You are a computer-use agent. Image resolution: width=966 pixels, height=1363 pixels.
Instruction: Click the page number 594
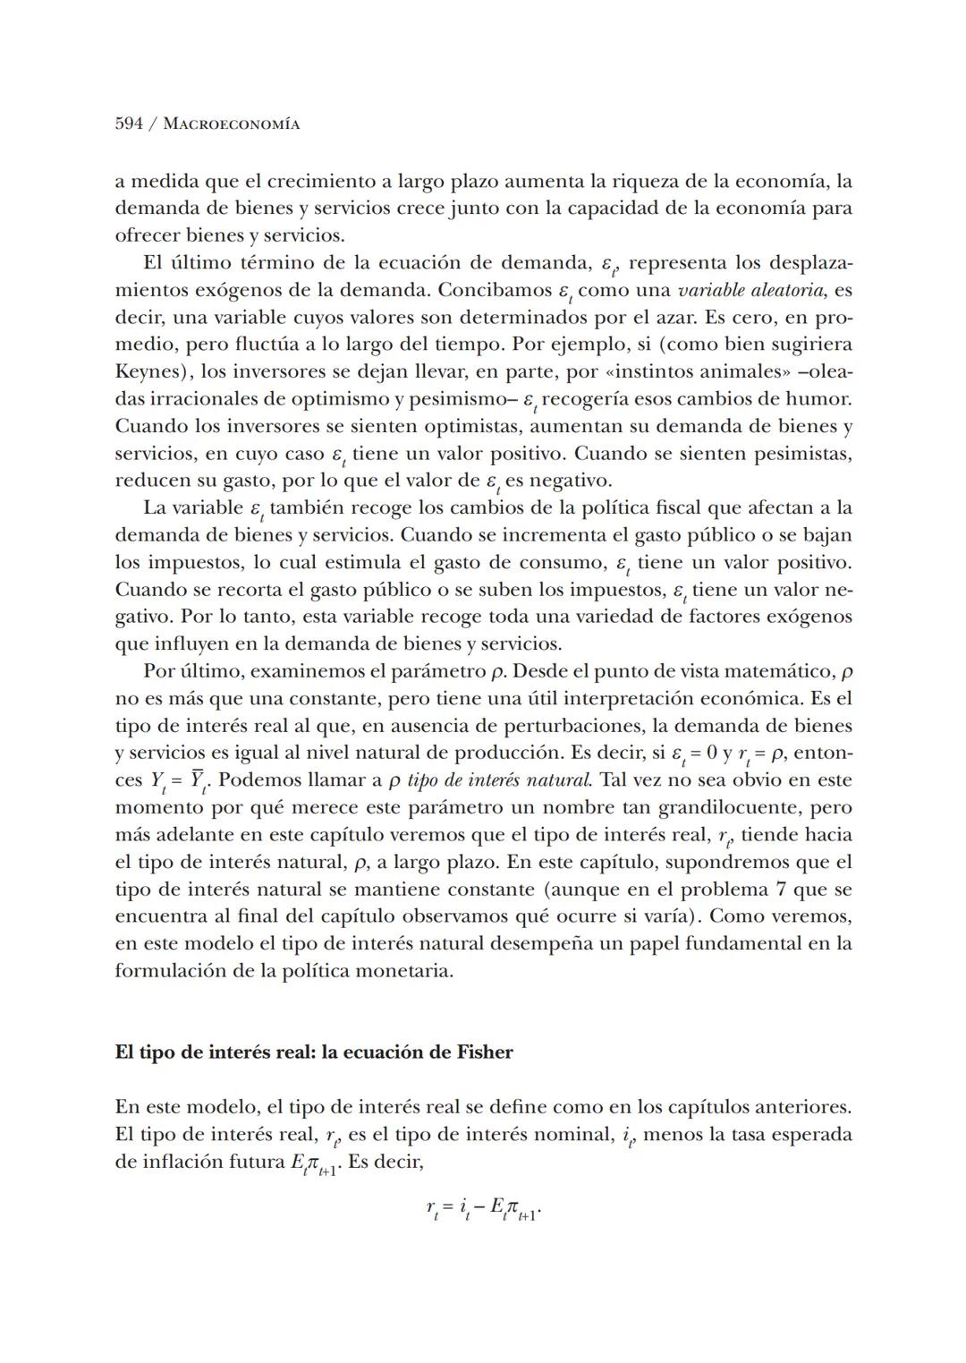(129, 124)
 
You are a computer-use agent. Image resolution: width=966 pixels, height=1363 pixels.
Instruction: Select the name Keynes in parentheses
(148, 371)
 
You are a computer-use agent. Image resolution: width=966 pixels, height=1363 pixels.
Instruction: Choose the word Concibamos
(491, 290)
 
